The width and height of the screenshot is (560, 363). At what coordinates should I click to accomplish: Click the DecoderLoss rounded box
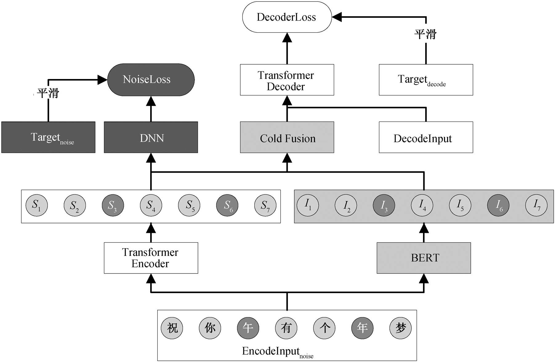pos(287,17)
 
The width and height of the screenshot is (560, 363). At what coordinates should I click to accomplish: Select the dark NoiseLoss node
pos(151,80)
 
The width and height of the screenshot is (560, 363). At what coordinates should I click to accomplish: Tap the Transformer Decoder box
pos(287,80)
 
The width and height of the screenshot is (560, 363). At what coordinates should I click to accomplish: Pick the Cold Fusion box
pos(287,137)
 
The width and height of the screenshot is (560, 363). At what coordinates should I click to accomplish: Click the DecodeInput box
pos(426,137)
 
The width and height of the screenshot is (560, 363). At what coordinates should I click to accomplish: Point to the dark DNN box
pos(151,137)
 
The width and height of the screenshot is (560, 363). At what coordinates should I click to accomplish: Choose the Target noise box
pos(48,137)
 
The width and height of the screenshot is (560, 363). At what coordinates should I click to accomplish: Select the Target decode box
pos(426,80)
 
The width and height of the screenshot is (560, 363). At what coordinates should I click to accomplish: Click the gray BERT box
pos(424,258)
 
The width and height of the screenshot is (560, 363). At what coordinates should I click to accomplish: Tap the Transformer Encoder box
pos(151,258)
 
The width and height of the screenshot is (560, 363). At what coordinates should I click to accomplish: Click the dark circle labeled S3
pos(113,205)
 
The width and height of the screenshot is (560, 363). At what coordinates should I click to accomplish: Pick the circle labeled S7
pos(265,205)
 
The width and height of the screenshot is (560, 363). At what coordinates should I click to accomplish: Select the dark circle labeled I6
pos(498,205)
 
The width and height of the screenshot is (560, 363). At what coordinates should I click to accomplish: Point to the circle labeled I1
pos(308,205)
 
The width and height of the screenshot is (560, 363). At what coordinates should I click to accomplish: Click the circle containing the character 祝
pos(172,328)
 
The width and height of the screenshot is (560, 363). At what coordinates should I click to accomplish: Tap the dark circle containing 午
pos(248,328)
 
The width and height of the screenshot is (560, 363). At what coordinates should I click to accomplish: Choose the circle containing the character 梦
pos(401,328)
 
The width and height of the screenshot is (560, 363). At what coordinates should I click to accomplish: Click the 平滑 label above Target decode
pos(425,34)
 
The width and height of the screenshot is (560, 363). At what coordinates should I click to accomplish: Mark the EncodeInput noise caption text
pos(278,352)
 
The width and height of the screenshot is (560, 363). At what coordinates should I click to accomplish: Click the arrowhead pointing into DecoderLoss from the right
pos(337,17)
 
